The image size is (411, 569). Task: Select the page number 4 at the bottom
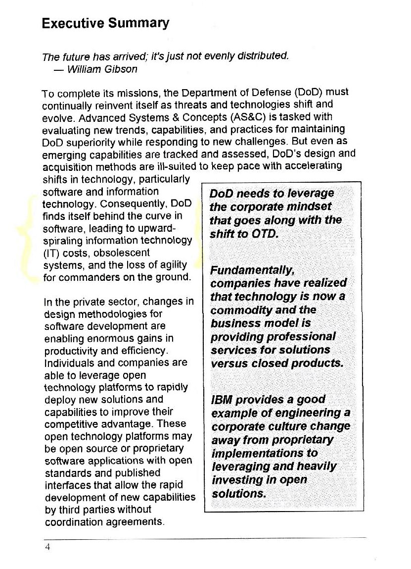(x=47, y=547)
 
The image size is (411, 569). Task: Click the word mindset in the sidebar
(x=307, y=207)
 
